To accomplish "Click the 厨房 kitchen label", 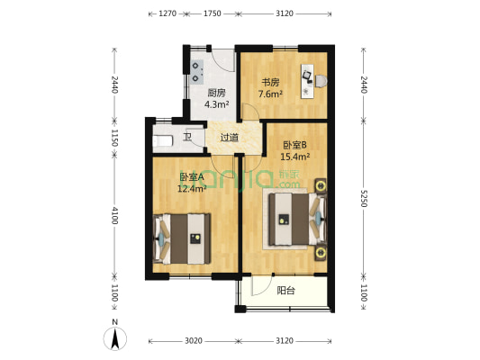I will click(216, 92).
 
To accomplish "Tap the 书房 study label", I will click(269, 82).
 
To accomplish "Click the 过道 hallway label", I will click(230, 138).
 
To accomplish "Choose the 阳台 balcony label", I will click(286, 291).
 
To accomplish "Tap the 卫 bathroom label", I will click(188, 137).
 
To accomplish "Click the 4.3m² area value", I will click(216, 104).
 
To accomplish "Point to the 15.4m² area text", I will click(295, 156).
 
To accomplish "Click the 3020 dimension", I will click(193, 341).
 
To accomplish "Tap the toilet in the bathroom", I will click(163, 141).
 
